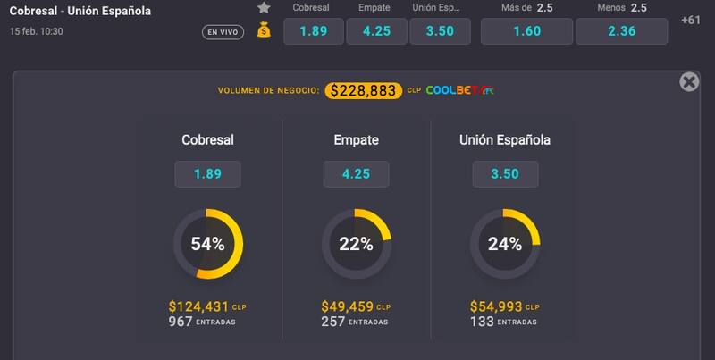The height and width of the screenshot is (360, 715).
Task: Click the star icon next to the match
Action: [x=264, y=8]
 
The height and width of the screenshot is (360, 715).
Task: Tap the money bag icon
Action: [x=264, y=30]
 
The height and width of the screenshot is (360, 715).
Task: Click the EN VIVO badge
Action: [x=223, y=33]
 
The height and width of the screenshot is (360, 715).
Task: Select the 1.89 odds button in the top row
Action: [x=314, y=31]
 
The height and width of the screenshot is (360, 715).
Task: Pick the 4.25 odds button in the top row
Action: [x=376, y=31]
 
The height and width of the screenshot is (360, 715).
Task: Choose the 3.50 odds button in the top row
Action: [x=439, y=31]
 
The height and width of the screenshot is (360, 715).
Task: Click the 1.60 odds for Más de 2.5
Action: [x=526, y=31]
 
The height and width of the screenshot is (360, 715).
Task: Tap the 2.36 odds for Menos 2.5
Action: [x=620, y=31]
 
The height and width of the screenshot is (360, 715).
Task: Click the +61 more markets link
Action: [x=691, y=21]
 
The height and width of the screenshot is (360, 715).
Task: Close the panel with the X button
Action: [x=689, y=82]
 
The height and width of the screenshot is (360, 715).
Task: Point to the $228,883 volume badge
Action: [x=364, y=90]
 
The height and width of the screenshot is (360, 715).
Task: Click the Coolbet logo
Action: [x=459, y=90]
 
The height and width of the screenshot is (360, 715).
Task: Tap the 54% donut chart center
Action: [x=207, y=244]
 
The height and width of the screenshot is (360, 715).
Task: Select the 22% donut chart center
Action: [x=356, y=244]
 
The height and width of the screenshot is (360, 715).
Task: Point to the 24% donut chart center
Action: [x=504, y=244]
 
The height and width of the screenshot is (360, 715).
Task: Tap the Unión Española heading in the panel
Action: [x=504, y=140]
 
